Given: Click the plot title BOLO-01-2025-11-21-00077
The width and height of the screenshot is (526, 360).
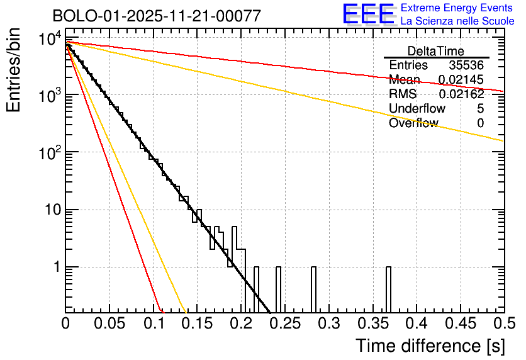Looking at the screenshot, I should (156, 16).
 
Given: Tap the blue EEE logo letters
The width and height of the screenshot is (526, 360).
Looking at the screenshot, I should (368, 14).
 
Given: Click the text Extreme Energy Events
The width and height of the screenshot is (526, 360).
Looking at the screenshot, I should (457, 8).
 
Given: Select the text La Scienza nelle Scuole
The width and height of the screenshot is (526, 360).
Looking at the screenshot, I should (457, 21).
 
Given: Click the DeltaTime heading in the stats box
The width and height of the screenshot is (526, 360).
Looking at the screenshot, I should (436, 51).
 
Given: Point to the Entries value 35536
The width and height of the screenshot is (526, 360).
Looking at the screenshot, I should (466, 65).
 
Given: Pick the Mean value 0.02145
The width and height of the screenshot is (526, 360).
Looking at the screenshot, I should (461, 80).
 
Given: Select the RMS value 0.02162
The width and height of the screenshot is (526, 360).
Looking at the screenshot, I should (461, 94).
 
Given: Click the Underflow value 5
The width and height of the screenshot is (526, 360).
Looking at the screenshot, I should (481, 109).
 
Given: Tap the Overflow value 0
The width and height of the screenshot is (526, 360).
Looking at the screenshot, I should (481, 123).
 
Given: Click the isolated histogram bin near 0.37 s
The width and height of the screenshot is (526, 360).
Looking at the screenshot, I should (388, 289).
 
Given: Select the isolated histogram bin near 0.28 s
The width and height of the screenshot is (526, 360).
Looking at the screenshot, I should (313, 289).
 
